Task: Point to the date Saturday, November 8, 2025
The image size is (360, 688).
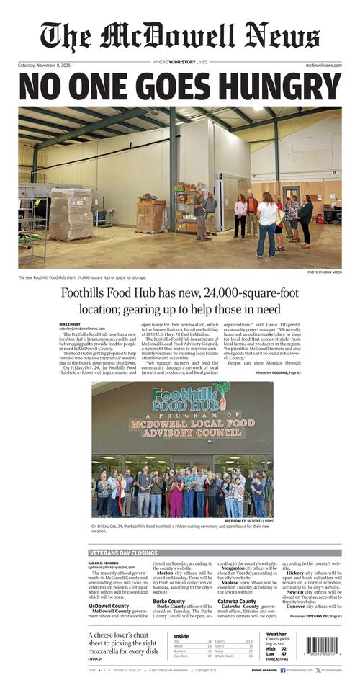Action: (49, 66)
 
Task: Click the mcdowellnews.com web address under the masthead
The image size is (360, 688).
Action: (323, 66)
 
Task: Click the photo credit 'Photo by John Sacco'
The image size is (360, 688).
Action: (324, 272)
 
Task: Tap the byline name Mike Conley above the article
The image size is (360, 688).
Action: (70, 324)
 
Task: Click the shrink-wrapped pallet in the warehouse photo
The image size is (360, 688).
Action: (71, 214)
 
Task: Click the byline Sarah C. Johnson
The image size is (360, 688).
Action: (104, 563)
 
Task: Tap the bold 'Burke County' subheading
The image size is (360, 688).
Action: (168, 601)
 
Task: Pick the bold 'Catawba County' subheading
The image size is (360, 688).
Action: (237, 601)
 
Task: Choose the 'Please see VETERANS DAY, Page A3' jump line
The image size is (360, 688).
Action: (316, 617)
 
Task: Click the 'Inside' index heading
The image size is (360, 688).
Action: (181, 636)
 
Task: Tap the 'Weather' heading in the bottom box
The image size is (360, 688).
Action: (276, 635)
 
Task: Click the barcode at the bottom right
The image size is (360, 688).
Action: (322, 647)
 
